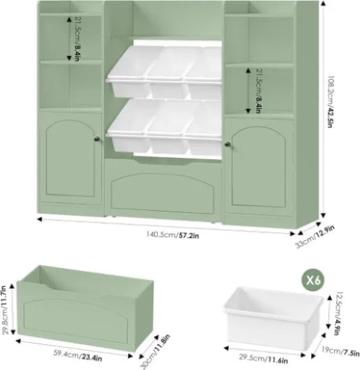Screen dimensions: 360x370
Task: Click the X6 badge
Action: pos(313,280)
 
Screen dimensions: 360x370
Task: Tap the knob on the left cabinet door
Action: pos(97,139)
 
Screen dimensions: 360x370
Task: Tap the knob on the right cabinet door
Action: pos(227,145)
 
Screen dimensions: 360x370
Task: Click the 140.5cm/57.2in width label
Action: pos(172,235)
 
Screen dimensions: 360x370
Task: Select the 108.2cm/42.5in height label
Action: pos(331,102)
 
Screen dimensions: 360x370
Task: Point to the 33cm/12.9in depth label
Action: pos(315,236)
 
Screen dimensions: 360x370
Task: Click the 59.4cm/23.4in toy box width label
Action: pos(77,356)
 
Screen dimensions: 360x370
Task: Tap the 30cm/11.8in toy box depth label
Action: pos(155,351)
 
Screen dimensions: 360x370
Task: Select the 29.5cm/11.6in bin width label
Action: pos(263,358)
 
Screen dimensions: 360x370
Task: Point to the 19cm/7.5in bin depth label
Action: pos(340,352)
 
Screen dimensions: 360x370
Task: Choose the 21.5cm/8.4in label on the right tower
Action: pos(258,91)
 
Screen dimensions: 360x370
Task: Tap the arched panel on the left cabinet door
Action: pos(70,158)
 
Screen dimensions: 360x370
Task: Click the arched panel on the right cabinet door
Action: pos(259,167)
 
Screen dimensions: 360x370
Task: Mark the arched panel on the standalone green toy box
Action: pos(75,321)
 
